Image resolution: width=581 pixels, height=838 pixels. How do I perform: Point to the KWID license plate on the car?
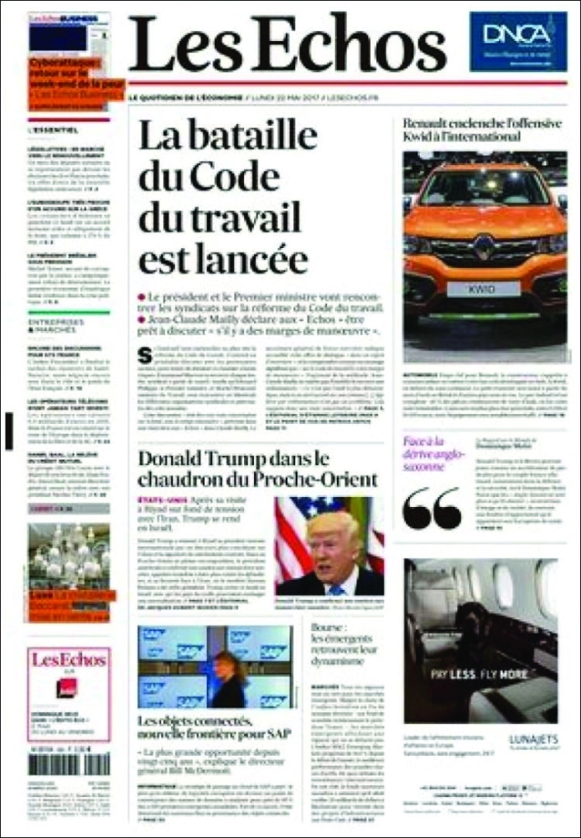click(x=483, y=288)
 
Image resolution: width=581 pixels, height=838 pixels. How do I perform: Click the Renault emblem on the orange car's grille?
click(x=483, y=246)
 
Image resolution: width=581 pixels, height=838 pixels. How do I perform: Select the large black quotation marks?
click(x=432, y=508)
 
